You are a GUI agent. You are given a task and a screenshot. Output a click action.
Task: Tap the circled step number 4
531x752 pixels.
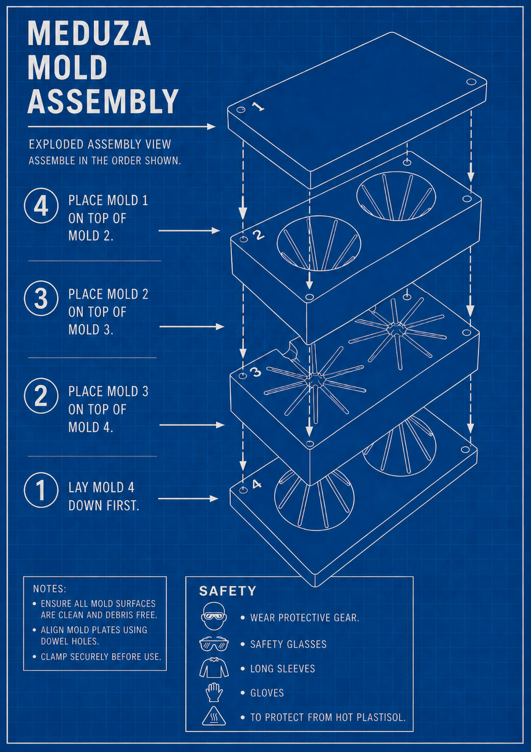click(x=41, y=206)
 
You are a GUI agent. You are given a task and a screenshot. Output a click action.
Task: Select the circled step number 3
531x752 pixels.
click(x=41, y=298)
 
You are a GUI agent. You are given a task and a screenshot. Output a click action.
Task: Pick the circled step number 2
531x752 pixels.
click(x=41, y=396)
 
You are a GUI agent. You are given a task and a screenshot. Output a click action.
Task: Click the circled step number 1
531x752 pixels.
click(x=41, y=490)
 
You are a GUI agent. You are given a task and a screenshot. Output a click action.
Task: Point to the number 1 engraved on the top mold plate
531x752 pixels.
click(x=258, y=106)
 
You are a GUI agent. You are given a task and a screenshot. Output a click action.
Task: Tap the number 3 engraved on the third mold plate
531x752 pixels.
click(x=256, y=371)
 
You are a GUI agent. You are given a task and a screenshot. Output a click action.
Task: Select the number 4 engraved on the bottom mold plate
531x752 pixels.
click(x=256, y=484)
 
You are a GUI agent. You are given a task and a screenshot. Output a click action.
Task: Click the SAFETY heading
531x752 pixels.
click(x=228, y=591)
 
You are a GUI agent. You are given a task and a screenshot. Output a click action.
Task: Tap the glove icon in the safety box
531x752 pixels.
click(x=214, y=693)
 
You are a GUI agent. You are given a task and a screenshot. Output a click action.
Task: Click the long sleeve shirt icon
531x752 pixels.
click(x=214, y=667)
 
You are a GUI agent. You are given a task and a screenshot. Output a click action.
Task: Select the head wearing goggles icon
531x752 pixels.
click(x=214, y=616)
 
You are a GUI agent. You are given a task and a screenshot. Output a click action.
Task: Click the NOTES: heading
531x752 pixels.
click(x=50, y=589)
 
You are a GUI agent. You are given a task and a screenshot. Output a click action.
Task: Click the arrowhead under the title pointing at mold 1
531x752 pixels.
click(x=211, y=127)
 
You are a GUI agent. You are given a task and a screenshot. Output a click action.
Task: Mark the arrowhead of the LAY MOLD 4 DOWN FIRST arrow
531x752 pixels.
click(x=214, y=498)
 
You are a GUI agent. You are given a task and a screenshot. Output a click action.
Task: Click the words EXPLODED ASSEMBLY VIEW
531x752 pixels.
click(x=100, y=144)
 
